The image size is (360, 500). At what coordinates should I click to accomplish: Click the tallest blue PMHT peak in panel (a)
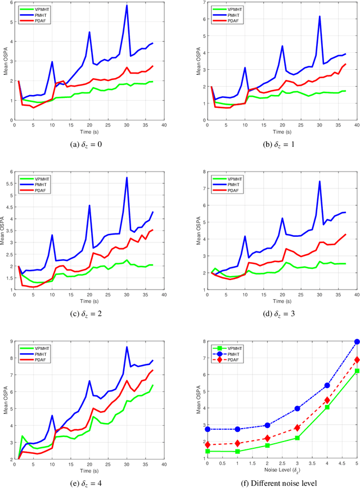(x=127, y=6)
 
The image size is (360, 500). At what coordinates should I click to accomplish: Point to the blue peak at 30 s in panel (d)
(x=319, y=181)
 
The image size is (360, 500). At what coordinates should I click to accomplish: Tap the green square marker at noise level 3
(x=297, y=438)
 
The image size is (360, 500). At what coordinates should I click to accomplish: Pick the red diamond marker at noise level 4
(x=327, y=400)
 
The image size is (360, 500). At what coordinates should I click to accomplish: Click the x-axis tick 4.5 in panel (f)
(x=342, y=462)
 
